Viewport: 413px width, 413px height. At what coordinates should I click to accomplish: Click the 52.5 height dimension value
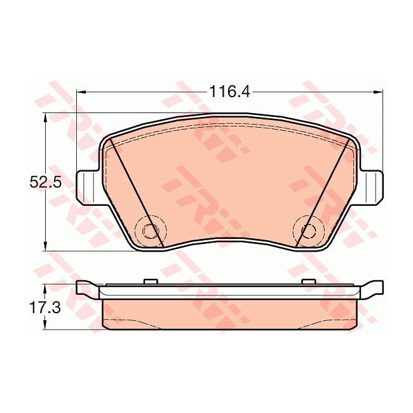[x=44, y=182]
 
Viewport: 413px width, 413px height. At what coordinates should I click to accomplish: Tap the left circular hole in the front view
[x=151, y=229]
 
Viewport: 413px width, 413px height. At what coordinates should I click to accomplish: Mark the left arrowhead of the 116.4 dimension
[x=80, y=92]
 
